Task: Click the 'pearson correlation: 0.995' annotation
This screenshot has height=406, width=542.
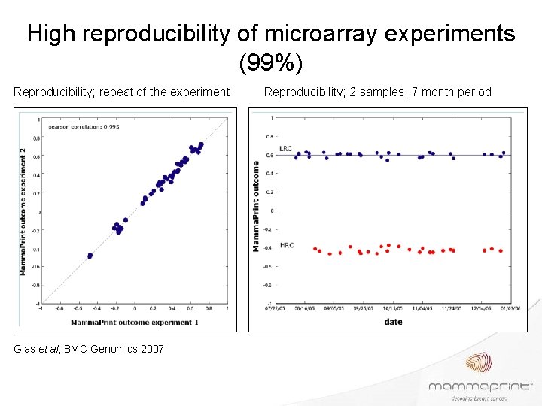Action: point(84,126)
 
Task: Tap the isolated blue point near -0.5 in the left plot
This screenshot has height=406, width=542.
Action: point(90,256)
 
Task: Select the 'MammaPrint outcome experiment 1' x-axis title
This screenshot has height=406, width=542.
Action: point(135,322)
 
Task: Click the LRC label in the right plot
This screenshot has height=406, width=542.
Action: point(285,149)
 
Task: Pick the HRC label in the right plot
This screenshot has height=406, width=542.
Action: point(287,245)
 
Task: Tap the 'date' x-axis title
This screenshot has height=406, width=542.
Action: point(392,322)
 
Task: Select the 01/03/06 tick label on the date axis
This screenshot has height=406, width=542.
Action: point(513,308)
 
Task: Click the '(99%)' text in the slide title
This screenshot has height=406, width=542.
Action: point(271,63)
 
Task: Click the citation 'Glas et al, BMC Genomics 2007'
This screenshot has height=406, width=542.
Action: point(89,348)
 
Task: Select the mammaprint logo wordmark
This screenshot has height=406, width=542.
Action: point(479,386)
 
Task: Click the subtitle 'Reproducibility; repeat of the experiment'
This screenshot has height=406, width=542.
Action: point(122,92)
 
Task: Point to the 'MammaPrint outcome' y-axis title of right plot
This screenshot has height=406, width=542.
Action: point(257,211)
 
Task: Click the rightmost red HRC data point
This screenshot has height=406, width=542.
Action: point(501,250)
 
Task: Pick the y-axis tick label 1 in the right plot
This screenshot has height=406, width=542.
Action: point(272,118)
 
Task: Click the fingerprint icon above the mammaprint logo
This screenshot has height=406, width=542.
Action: point(480,364)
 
